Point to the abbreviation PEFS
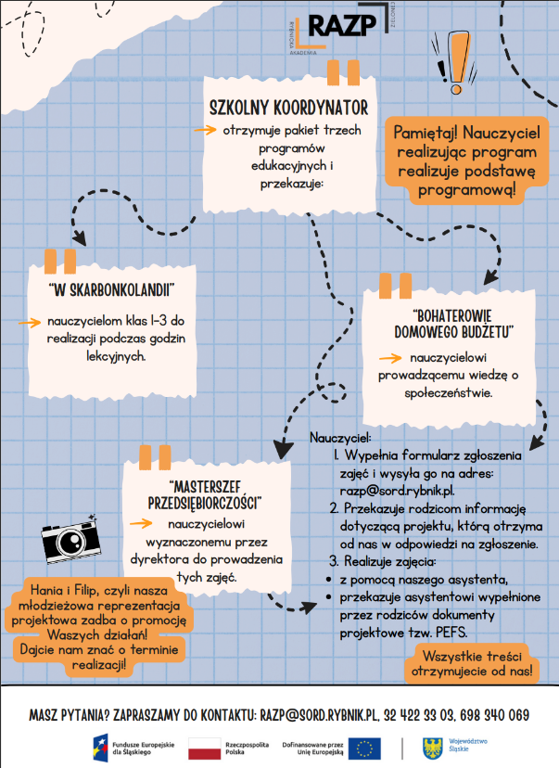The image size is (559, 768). click(449, 633)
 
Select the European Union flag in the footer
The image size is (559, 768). click(363, 747)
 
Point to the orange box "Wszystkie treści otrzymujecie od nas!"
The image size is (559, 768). click(471, 664)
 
